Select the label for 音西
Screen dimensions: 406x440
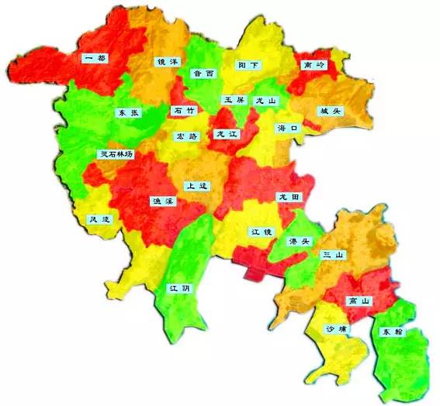pos(203,74)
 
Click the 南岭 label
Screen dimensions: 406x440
pos(314,65)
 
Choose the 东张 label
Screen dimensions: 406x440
pos(129,112)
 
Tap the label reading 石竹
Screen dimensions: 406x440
pos(185,111)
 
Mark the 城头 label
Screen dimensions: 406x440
pos(329,111)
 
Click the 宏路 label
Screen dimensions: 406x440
pos(188,136)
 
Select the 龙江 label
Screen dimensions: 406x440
pos(227,134)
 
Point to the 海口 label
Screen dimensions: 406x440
pos(287,129)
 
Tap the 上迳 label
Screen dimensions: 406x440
pos(196,186)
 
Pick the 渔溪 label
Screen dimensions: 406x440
pos(164,201)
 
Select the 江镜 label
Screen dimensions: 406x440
pos(261,232)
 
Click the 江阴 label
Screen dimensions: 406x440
pos(180,288)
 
